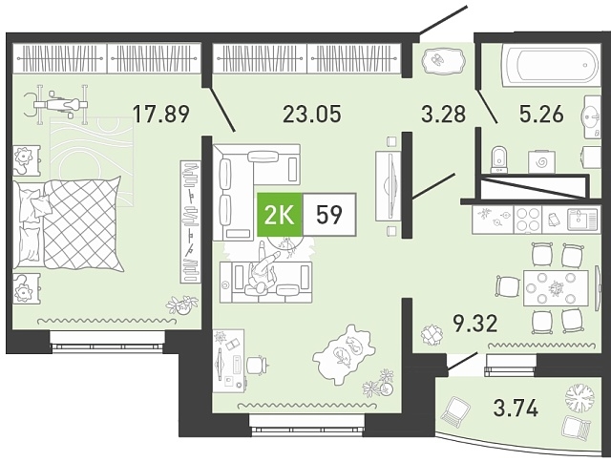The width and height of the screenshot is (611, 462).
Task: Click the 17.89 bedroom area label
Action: [x=161, y=114]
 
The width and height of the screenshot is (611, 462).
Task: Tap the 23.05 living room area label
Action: [x=312, y=114]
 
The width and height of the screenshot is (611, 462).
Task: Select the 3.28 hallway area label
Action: [x=444, y=114]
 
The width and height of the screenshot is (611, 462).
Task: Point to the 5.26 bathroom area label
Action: [x=541, y=114]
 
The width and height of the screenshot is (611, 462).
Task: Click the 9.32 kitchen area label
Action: [x=475, y=324]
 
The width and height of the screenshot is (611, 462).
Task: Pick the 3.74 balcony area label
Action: [x=516, y=409]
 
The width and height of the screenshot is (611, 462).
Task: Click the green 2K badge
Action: [x=280, y=215]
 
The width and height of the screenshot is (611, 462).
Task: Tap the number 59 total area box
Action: [x=329, y=215]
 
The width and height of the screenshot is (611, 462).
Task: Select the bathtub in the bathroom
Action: [x=550, y=65]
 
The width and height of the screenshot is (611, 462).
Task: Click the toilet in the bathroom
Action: [x=498, y=158]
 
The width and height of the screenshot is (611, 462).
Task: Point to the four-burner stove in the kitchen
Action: [x=528, y=220]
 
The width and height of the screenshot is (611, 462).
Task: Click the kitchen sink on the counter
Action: [x=582, y=220]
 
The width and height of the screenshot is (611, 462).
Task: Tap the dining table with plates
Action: [x=556, y=288]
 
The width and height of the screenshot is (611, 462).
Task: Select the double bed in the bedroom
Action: [x=67, y=224]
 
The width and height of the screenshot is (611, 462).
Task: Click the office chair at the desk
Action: [x=257, y=366]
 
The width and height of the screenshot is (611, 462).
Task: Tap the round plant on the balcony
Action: [x=579, y=398]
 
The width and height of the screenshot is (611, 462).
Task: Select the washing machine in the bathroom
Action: [x=541, y=161]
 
